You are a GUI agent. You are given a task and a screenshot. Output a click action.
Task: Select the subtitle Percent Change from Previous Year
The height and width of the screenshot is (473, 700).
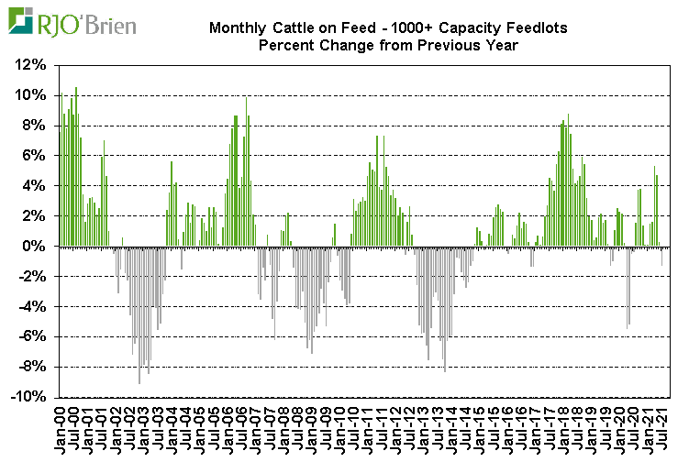(387, 45)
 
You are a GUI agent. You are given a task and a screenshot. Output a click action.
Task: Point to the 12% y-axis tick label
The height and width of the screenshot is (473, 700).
(30, 66)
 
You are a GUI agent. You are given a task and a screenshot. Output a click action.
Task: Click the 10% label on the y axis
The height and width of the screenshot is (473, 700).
(30, 96)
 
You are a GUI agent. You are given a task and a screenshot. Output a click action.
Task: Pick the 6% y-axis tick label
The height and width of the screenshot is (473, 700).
(34, 156)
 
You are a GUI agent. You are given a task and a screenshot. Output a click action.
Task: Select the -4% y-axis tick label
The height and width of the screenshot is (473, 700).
(31, 306)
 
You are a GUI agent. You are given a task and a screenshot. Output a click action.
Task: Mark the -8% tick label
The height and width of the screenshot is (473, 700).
(31, 367)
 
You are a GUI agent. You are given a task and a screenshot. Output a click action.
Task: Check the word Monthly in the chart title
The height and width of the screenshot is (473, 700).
(239, 27)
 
